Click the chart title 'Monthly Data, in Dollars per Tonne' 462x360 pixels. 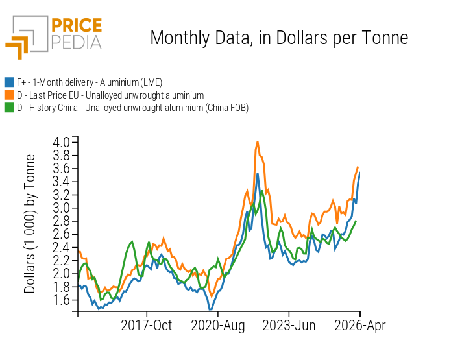(279, 38)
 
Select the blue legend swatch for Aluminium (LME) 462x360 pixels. (9, 82)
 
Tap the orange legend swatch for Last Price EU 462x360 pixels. (9, 95)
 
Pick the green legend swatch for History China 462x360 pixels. (9, 107)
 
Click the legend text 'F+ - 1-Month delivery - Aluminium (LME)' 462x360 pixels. (89, 82)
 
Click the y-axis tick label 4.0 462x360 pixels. (62, 141)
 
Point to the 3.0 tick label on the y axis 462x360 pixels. (62, 208)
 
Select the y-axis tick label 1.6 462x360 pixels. (62, 300)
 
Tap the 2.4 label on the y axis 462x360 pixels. (62, 247)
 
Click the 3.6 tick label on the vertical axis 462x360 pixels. (62, 168)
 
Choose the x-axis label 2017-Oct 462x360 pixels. (147, 326)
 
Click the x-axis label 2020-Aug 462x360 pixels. (217, 326)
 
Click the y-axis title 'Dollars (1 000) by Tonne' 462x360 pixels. (30, 225)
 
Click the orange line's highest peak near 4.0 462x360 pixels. (258, 141)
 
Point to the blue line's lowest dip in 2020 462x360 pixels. (210, 309)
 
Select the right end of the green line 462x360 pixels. (356, 221)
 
